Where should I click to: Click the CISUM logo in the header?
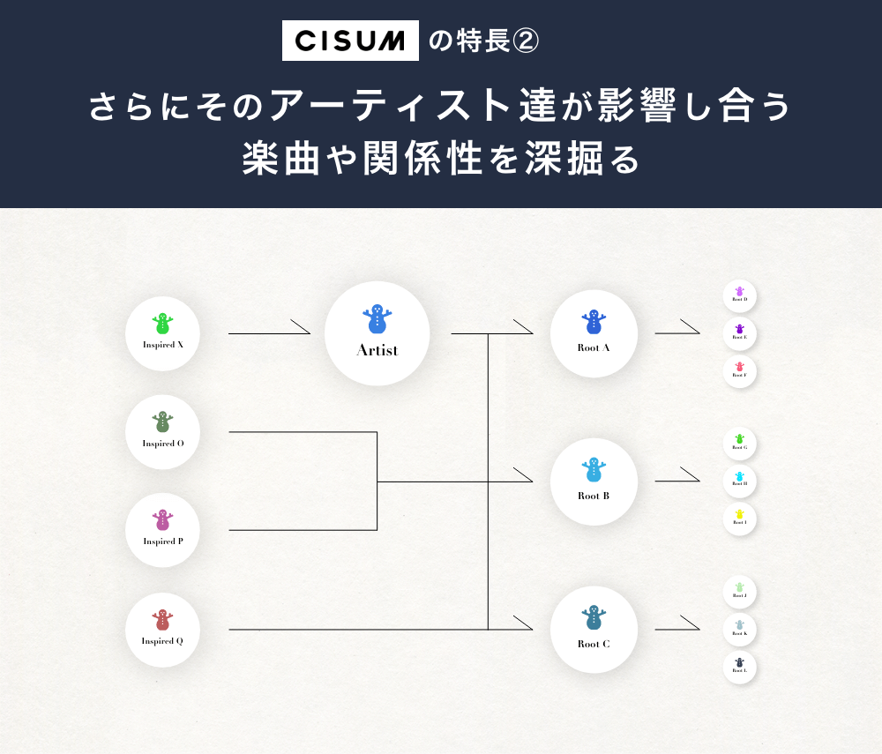[x=350, y=41]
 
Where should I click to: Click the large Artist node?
[x=377, y=333]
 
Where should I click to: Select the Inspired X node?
[x=163, y=333]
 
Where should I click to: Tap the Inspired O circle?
[x=163, y=432]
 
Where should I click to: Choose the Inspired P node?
[x=163, y=530]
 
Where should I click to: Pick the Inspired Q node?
[x=163, y=630]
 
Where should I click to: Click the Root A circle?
[x=594, y=334]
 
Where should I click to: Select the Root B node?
[x=594, y=482]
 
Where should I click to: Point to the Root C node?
[x=594, y=630]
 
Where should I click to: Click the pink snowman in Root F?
[x=739, y=367]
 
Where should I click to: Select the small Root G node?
[x=739, y=444]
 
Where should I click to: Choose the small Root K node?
[x=739, y=630]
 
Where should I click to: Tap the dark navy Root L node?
[x=739, y=667]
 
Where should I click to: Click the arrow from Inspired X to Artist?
[x=269, y=332]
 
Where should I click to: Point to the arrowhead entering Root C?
[x=524, y=623]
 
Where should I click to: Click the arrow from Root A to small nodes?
[x=677, y=332]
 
